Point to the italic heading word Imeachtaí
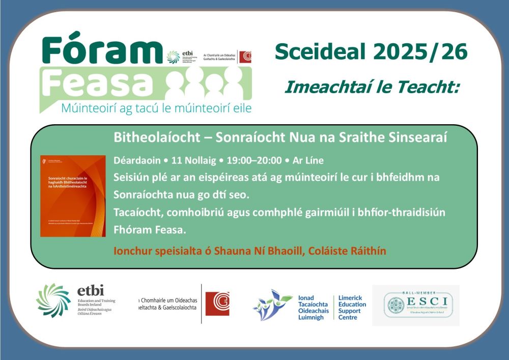[318, 87]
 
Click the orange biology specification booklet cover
[73, 196]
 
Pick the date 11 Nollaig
[196, 160]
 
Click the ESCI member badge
[416, 305]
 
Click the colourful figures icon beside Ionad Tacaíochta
[272, 305]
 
